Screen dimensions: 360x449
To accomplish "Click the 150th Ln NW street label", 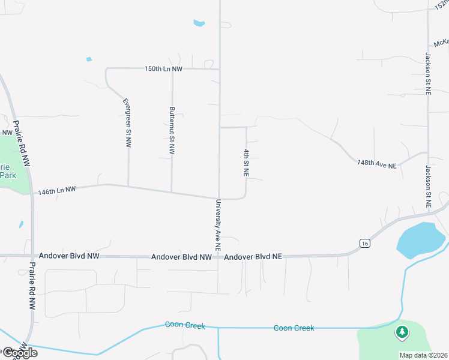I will (x=163, y=69).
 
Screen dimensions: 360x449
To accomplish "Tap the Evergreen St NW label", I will (x=127, y=123).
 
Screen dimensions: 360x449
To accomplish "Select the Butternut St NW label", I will (x=172, y=131).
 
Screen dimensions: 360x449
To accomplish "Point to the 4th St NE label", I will (x=246, y=163).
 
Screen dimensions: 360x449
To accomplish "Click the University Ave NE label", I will (x=218, y=225).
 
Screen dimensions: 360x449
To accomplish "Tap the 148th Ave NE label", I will (x=377, y=164).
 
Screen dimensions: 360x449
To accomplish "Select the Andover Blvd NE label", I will (x=253, y=256).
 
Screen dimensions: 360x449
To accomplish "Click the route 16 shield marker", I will (x=365, y=243).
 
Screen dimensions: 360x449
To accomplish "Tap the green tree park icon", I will (x=401, y=331).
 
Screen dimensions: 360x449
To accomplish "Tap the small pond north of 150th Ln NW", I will (x=199, y=23).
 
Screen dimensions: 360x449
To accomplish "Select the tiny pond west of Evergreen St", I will (x=89, y=59).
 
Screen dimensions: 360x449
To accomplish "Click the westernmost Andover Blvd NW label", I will (x=68, y=256).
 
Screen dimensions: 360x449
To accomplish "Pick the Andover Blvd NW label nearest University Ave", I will (x=181, y=257).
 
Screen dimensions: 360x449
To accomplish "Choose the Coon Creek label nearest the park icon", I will (x=294, y=328).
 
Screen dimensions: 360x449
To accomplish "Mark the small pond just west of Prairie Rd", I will (x=21, y=224).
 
